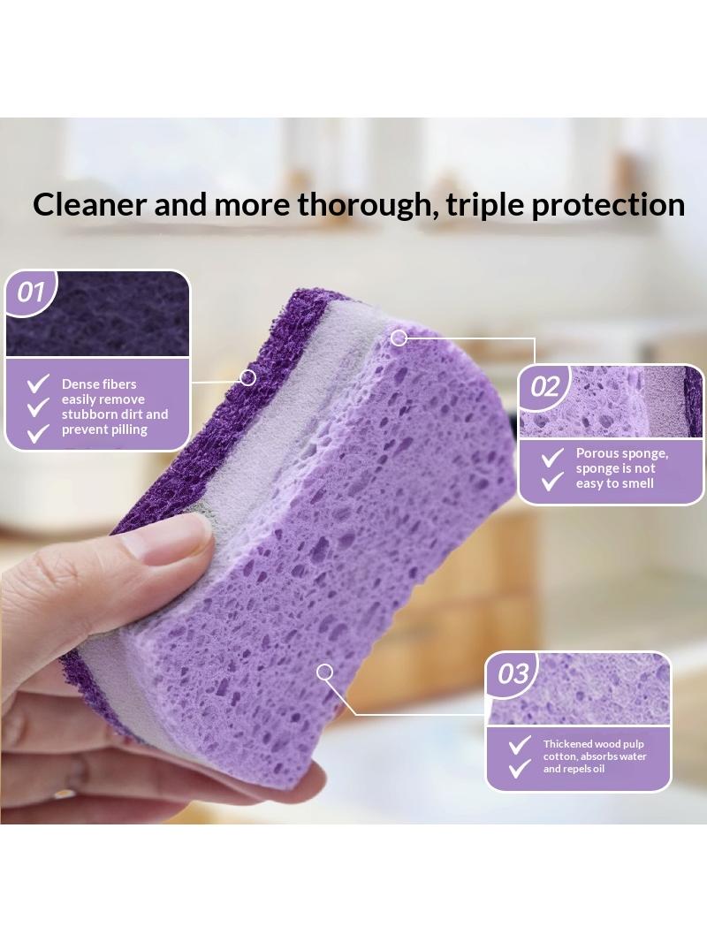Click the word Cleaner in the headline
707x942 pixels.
click(90, 204)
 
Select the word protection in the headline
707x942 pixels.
click(608, 206)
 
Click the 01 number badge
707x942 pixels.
click(31, 292)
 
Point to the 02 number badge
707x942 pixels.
click(544, 386)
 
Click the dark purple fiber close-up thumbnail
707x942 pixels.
click(98, 314)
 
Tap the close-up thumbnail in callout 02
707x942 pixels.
click(611, 402)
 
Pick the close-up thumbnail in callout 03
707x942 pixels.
click(579, 689)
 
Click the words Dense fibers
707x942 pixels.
click(99, 384)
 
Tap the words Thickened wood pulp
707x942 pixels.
click(594, 744)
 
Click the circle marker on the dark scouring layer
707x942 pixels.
click(247, 378)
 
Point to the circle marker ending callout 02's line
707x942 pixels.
click(399, 338)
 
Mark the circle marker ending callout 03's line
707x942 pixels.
click(325, 672)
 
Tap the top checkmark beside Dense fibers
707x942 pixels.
click(38, 384)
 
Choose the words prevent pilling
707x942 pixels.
click(104, 429)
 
